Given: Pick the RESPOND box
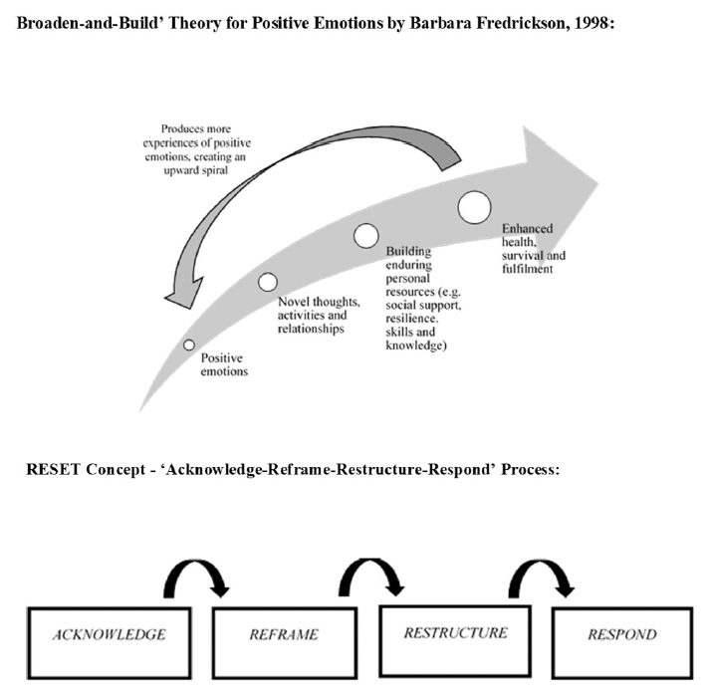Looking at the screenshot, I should (636, 634).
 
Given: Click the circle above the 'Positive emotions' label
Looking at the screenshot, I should (189, 345).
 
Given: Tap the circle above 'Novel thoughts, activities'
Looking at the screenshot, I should (268, 282).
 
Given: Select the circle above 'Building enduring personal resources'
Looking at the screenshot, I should (367, 237).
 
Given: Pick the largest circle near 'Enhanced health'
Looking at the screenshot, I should (475, 207).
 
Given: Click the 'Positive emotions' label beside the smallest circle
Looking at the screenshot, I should (224, 364).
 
